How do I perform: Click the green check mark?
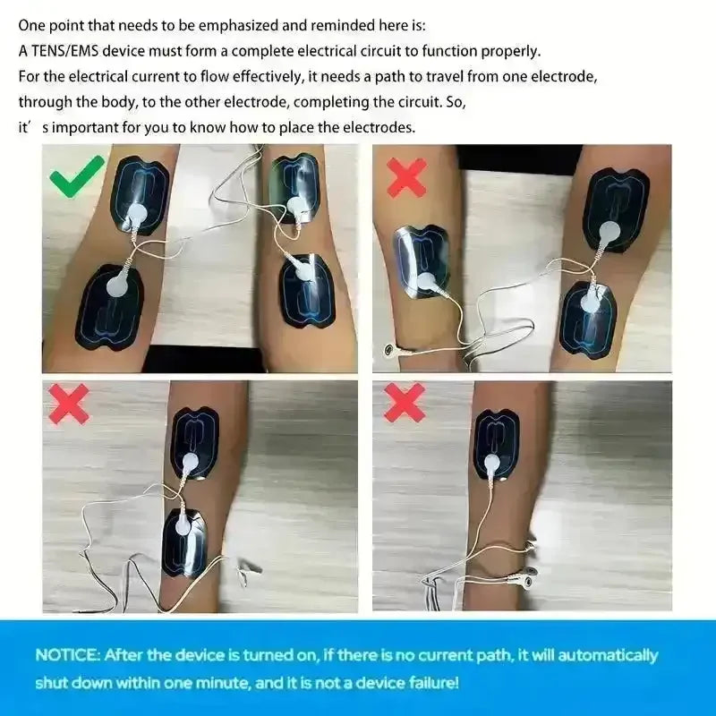click(x=77, y=175)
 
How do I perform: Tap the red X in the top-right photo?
click(x=406, y=177)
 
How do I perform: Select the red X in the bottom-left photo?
click(x=69, y=404)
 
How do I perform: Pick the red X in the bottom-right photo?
click(x=405, y=402)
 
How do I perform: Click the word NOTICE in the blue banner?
click(x=67, y=655)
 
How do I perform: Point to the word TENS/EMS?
click(x=64, y=51)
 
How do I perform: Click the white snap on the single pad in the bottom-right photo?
click(x=492, y=465)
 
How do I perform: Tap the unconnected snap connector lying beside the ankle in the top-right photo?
click(x=389, y=350)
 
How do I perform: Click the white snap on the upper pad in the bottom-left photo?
click(x=190, y=464)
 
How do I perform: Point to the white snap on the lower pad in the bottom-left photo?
click(x=183, y=527)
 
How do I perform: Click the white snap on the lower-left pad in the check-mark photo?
click(x=119, y=286)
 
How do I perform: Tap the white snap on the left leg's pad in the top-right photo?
click(x=427, y=283)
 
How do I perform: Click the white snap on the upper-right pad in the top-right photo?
click(x=609, y=233)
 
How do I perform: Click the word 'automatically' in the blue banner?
click(x=608, y=656)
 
